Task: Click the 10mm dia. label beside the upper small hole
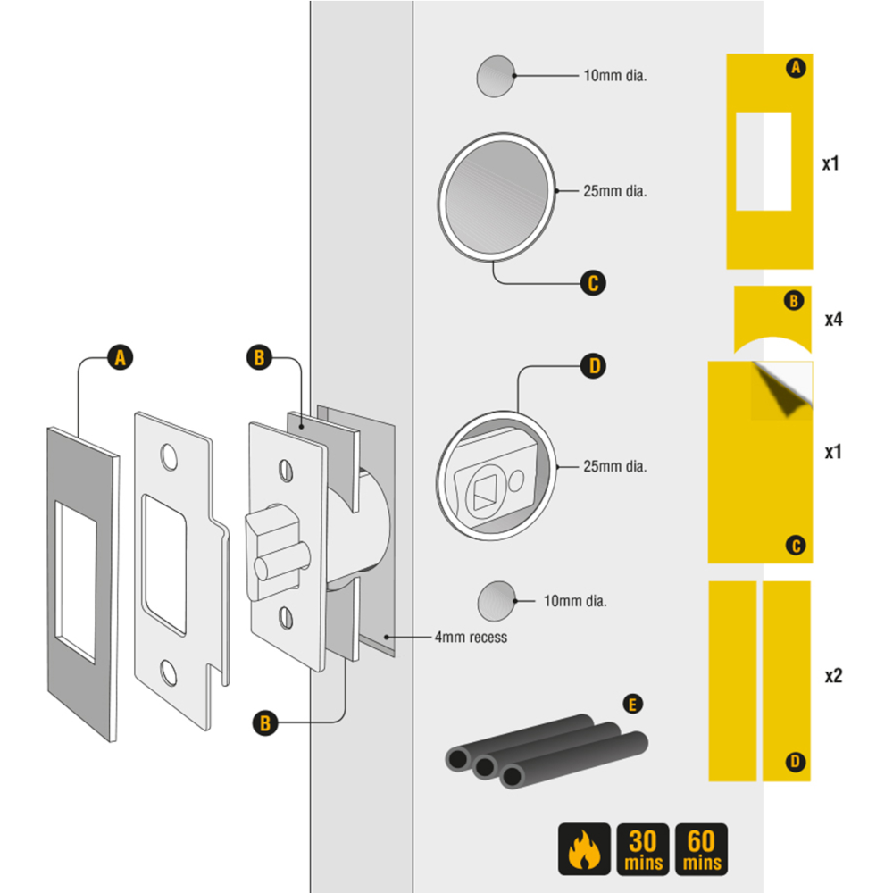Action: pyautogui.click(x=614, y=76)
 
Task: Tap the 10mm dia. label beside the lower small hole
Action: pyautogui.click(x=575, y=601)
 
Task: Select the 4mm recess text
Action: pyautogui.click(x=471, y=638)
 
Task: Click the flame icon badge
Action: pyautogui.click(x=584, y=849)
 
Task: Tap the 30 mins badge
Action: pyautogui.click(x=643, y=849)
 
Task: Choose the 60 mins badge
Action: pyautogui.click(x=702, y=849)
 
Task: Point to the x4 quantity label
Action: pyautogui.click(x=832, y=319)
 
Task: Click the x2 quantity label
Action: pyautogui.click(x=832, y=676)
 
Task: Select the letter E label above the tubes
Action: pyautogui.click(x=632, y=705)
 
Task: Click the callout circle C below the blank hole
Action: pyautogui.click(x=592, y=284)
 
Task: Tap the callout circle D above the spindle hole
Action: pyautogui.click(x=592, y=365)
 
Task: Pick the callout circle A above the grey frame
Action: pyautogui.click(x=119, y=358)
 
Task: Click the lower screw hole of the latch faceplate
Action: pyautogui.click(x=287, y=614)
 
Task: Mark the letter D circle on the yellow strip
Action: pyautogui.click(x=795, y=762)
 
